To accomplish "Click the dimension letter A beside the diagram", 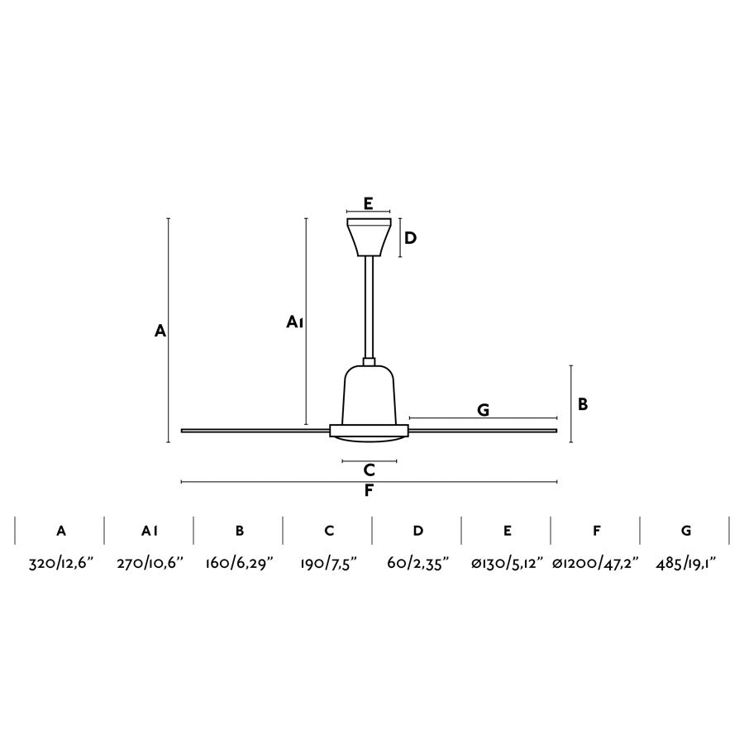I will coord(160,331).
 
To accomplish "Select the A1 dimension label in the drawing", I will coord(295,322).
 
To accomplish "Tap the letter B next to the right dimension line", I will coord(583,404).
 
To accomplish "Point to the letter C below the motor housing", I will coord(370,470).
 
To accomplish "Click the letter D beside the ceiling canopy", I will coord(411,238).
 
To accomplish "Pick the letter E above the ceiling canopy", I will coord(369,203).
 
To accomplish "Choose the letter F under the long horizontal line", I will coord(370,491).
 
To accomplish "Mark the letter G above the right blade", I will coord(484,409).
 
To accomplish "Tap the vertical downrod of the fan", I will coord(369,306).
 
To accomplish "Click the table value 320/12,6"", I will coord(62,564).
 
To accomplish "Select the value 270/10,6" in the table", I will coord(150,564).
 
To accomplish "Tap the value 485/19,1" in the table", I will coord(685,564).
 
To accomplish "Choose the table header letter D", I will coord(418,531).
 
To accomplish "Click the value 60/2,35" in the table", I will coord(417,564).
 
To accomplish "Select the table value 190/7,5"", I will coord(328,564).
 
